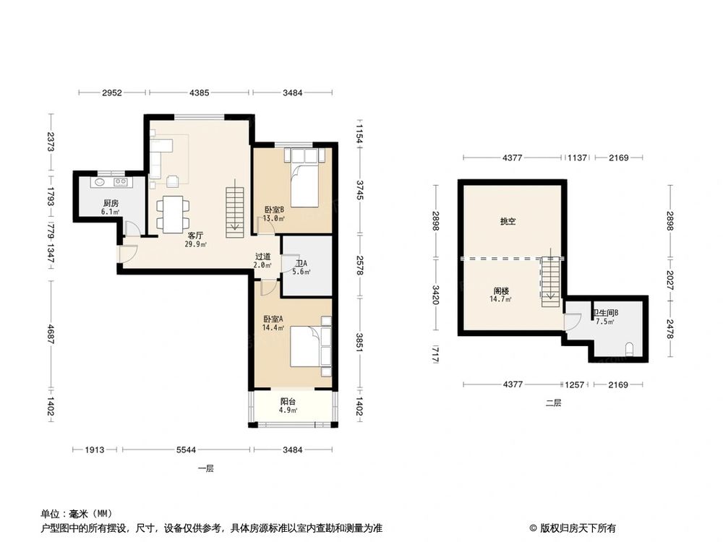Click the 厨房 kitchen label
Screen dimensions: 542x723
110,203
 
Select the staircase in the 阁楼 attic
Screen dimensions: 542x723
550,278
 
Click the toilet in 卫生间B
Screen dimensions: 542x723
630,349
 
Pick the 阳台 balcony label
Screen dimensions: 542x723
288,402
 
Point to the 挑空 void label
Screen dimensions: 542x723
508,222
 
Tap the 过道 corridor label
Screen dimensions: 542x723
263,257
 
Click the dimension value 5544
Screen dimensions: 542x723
186,450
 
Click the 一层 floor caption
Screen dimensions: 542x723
206,468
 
